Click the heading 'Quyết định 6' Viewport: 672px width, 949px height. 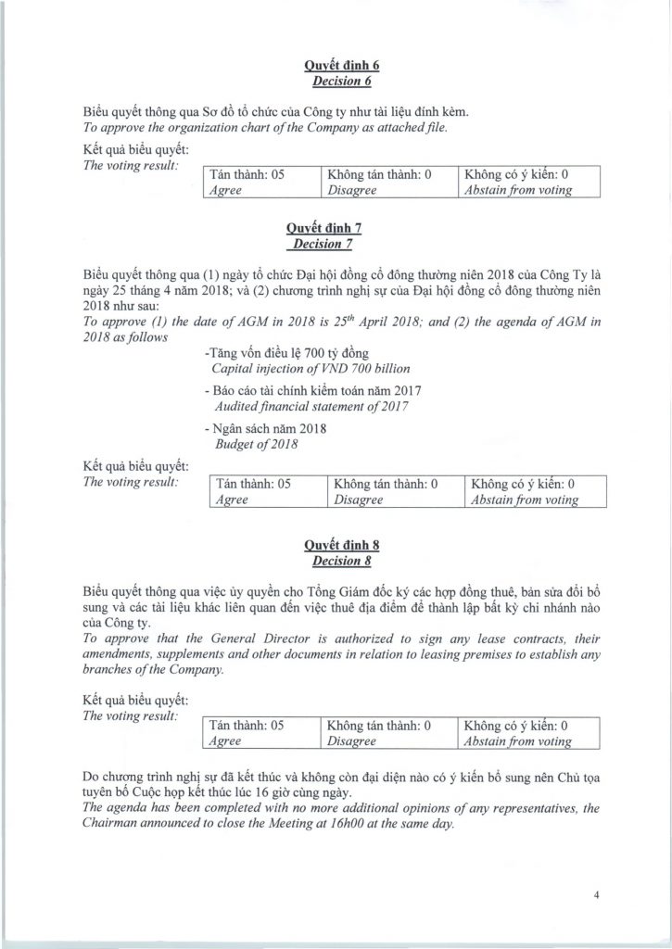pyautogui.click(x=336, y=66)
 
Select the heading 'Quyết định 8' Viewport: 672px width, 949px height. pyautogui.click(x=336, y=546)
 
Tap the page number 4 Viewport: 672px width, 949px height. pyautogui.click(x=599, y=894)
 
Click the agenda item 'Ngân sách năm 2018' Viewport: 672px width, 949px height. pyautogui.click(x=263, y=429)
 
